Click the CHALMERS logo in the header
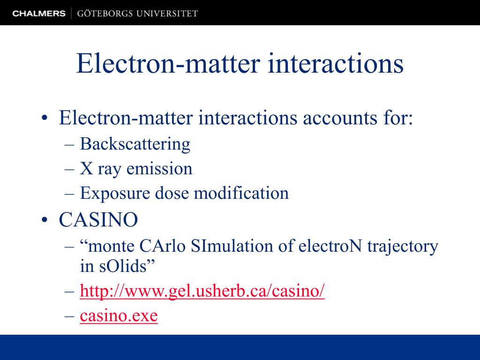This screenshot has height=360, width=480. [x=39, y=14]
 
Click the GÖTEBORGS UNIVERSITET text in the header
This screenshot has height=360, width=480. [x=137, y=14]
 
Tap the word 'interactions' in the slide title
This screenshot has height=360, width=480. [x=336, y=64]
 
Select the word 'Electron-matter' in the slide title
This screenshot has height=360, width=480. [x=167, y=64]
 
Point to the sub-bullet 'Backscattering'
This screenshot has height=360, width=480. [x=135, y=144]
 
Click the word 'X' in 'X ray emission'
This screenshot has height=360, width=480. [x=86, y=169]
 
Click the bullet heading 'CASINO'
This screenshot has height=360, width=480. [x=98, y=220]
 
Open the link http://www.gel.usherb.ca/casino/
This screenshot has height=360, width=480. [x=202, y=292]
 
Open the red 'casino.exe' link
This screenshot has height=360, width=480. [x=119, y=316]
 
